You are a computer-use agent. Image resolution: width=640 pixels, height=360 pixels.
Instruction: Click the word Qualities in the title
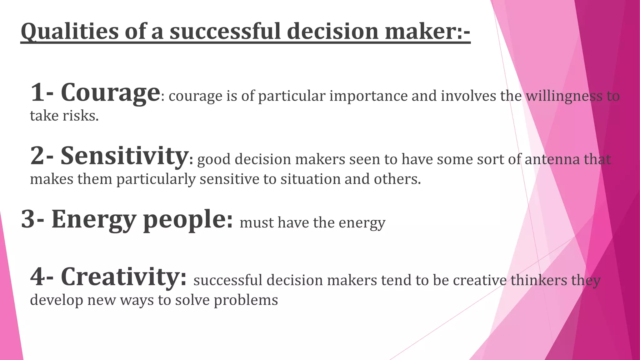pyautogui.click(x=69, y=32)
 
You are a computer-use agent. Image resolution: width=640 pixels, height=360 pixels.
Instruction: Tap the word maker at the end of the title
pyautogui.click(x=420, y=32)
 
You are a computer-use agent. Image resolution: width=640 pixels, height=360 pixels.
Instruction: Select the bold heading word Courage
pyautogui.click(x=110, y=93)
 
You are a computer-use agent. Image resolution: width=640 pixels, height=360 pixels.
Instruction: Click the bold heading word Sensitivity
pyautogui.click(x=124, y=156)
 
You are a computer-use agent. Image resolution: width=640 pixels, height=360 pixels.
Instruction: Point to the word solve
pyautogui.click(x=192, y=300)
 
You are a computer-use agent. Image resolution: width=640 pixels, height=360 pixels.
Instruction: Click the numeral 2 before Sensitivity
pyautogui.click(x=37, y=156)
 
